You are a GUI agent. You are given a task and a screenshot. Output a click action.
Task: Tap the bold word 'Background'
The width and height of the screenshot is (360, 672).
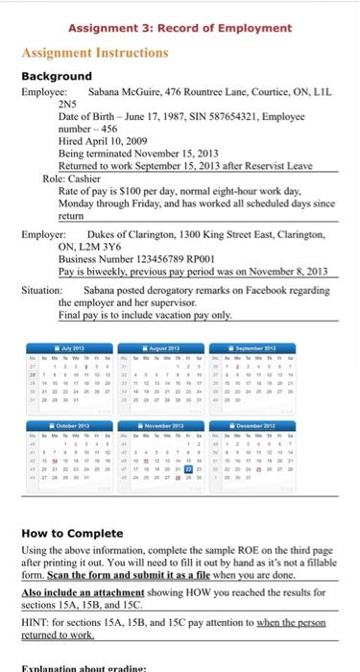click(57, 76)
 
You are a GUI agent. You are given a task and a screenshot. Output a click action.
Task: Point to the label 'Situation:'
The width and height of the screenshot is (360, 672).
click(41, 289)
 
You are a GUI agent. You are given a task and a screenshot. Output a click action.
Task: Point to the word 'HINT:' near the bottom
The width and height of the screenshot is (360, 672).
click(38, 615)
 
